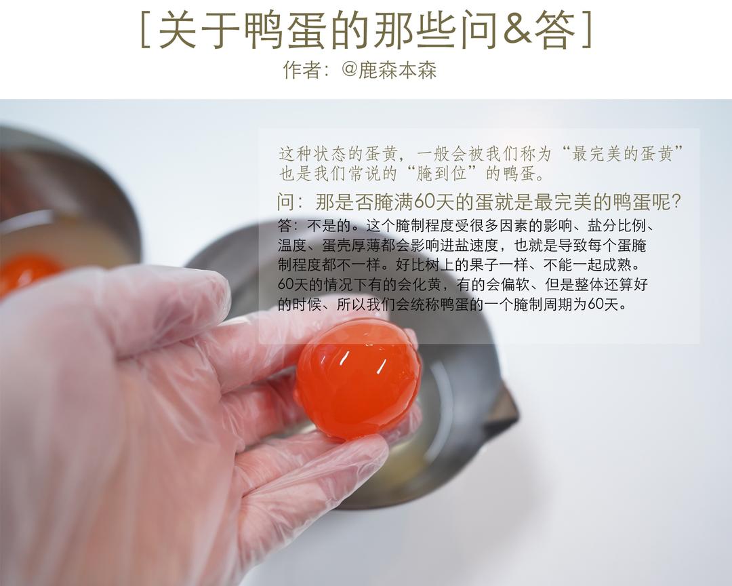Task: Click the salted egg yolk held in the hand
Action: tap(359, 379)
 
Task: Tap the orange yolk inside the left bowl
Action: tap(26, 273)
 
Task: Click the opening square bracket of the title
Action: tap(145, 30)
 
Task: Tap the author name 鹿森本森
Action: tap(397, 71)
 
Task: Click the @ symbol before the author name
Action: tap(349, 70)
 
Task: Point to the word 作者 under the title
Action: tap(302, 71)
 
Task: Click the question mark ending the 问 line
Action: tap(676, 202)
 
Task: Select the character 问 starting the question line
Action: tap(286, 202)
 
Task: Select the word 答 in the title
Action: tap(555, 30)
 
